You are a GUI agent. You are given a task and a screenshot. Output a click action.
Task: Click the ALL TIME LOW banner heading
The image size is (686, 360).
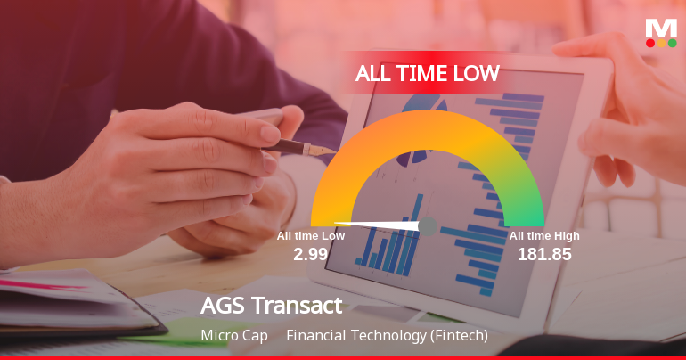point(427,73)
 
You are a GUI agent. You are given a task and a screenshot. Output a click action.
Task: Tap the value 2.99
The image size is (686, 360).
point(311,254)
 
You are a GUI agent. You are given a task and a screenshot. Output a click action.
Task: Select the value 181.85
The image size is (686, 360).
point(544,254)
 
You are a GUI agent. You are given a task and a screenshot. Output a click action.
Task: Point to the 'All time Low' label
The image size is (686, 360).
point(310,236)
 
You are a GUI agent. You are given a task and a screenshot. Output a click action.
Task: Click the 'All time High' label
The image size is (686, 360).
point(544,236)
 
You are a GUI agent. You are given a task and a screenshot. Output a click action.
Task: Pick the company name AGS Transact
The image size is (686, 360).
point(271,306)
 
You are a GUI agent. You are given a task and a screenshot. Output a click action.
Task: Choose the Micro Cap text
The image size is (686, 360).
point(234,336)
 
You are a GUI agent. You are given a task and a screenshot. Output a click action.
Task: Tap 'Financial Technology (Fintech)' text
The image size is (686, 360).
point(388,336)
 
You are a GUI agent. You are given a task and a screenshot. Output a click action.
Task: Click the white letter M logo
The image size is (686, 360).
point(661,27)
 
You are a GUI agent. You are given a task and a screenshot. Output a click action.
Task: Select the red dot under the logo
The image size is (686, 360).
point(650,42)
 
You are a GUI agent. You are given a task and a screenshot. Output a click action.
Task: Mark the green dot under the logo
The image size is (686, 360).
point(672,42)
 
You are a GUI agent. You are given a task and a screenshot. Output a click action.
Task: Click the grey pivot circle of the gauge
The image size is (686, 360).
point(428,226)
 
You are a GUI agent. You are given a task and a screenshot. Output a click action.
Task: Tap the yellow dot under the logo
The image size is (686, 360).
point(661,42)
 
